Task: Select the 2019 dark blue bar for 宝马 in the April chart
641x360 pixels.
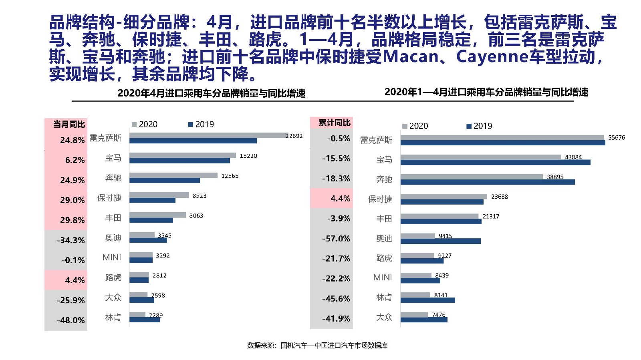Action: [179, 161]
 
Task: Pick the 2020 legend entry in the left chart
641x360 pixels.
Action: [145, 124]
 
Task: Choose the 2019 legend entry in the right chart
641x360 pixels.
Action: [480, 126]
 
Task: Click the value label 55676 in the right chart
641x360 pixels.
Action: [616, 137]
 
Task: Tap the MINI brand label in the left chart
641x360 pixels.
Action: [111, 257]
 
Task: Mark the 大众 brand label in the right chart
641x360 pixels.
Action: [383, 317]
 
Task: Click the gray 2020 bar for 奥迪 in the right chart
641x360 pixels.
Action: [417, 236]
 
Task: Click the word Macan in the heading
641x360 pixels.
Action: [410, 56]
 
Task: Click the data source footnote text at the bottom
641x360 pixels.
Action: [317, 345]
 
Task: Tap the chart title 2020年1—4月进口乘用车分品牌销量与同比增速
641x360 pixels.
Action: [486, 92]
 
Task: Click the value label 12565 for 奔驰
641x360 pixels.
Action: [230, 176]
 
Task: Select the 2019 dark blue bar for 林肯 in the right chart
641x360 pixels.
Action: [427, 300]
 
